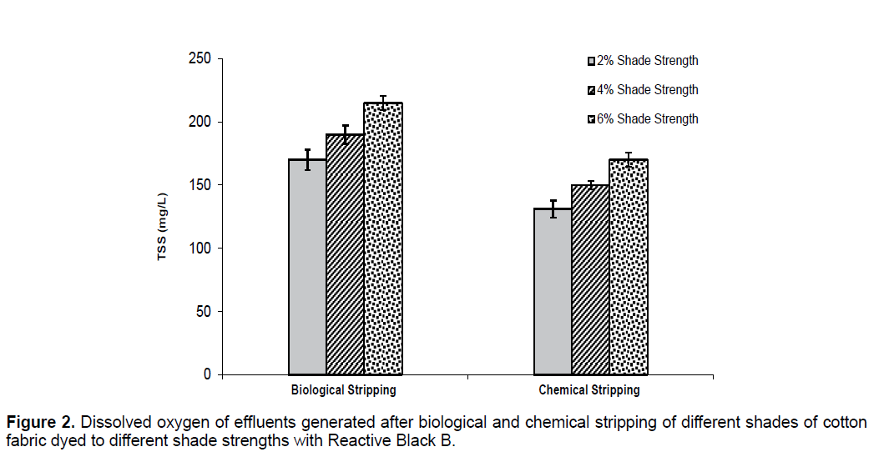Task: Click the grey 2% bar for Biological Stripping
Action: (x=307, y=267)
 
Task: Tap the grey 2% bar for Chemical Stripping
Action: (x=553, y=291)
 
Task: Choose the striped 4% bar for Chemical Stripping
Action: (x=590, y=279)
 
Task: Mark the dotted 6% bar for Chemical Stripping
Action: (x=629, y=267)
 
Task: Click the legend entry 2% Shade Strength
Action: (x=643, y=61)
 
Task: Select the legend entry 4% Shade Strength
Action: (x=643, y=90)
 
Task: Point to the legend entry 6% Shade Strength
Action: (x=643, y=119)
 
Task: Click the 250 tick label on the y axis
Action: (x=200, y=59)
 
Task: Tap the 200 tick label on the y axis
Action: (x=200, y=122)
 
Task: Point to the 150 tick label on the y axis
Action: (x=200, y=185)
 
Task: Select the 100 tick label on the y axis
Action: (x=200, y=249)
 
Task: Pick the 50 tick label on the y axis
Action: (x=204, y=312)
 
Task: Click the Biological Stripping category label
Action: (x=343, y=390)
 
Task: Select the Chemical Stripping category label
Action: (x=589, y=390)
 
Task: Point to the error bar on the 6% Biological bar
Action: (x=383, y=103)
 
